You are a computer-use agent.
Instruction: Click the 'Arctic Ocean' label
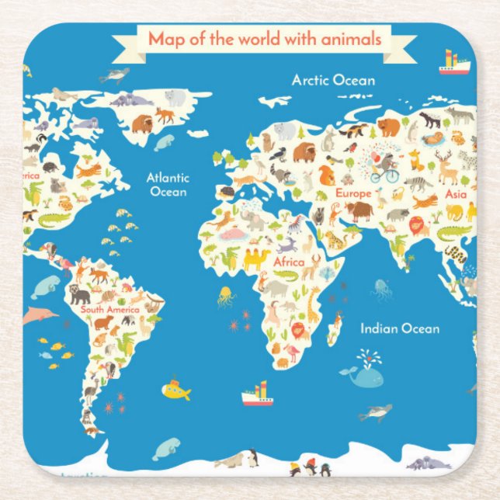333,79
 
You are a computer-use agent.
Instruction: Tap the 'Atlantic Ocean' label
168,184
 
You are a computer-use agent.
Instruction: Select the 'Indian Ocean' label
399,328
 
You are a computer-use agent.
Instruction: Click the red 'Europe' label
352,192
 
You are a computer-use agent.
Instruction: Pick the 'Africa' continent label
288,262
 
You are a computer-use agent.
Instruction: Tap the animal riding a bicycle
385,167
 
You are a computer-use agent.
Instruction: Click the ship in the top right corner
454,64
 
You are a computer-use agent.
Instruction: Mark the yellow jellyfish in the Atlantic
224,295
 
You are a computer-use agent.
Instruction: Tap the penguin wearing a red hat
309,466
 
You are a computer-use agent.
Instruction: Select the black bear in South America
78,293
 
